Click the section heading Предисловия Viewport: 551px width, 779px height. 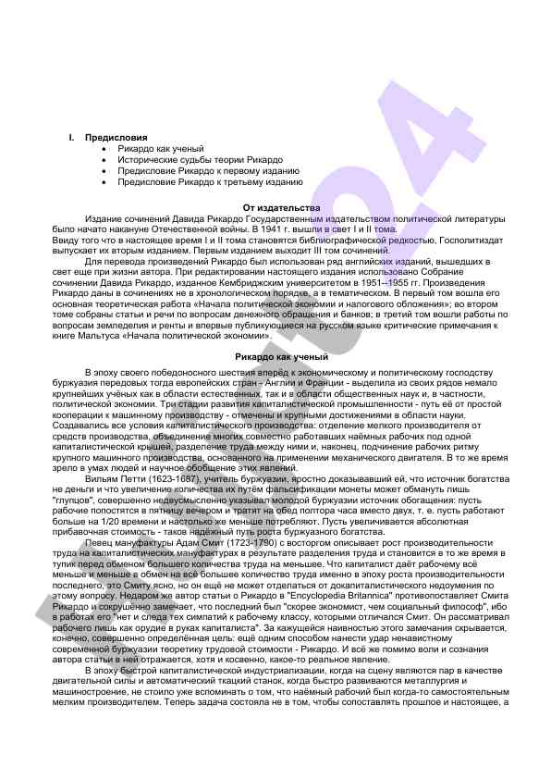(x=109, y=137)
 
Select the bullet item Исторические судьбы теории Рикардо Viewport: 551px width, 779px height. (x=187, y=159)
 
